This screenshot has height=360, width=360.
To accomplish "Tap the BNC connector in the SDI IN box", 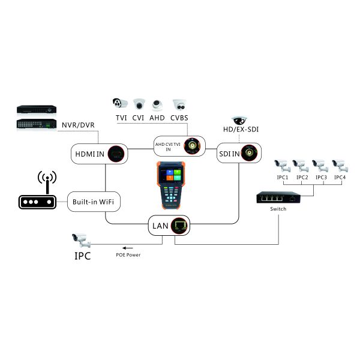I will [x=249, y=152].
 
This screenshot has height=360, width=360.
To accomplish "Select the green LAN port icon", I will [x=179, y=226].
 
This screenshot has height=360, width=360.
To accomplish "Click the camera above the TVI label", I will [x=121, y=103].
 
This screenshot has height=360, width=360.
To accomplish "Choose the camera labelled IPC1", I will [x=282, y=165].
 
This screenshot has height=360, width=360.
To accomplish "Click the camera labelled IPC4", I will [x=340, y=165].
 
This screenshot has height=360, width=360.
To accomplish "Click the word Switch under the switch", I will [x=278, y=209].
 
